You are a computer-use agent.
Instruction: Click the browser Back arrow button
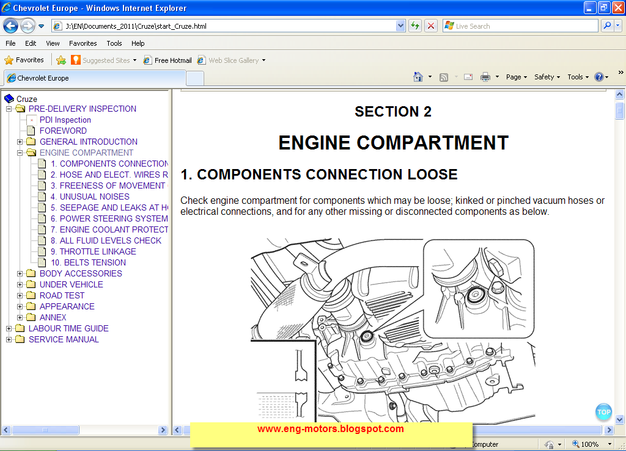11,26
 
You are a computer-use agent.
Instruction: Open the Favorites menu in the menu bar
83,43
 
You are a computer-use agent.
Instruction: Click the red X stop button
431,26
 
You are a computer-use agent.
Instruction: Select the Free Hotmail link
173,60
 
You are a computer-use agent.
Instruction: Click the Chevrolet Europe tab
43,78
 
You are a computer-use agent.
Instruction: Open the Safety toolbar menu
547,77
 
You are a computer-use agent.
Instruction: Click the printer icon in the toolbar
485,77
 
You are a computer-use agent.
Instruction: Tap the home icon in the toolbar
418,77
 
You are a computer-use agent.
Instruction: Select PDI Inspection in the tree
65,120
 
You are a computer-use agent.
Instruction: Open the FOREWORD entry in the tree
63,131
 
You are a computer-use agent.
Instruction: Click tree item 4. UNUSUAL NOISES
90,197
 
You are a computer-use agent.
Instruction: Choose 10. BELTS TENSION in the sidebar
88,262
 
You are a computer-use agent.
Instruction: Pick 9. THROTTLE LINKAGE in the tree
94,251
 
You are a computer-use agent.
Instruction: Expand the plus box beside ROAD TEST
20,295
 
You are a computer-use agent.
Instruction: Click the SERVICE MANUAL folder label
64,339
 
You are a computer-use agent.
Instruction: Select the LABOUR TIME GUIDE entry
68,328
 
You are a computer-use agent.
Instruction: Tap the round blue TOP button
603,412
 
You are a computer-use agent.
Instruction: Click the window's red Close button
617,7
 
